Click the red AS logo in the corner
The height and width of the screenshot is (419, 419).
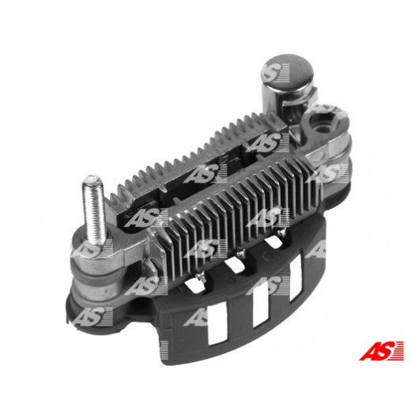click(381, 350)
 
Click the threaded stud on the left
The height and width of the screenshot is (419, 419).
click(93, 209)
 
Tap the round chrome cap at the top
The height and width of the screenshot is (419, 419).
click(287, 72)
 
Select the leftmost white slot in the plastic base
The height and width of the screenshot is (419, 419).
click(217, 327)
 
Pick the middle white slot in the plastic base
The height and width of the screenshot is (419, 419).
click(260, 304)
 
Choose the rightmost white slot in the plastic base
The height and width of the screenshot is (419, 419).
click(296, 277)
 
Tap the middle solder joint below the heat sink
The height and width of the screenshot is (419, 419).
click(240, 251)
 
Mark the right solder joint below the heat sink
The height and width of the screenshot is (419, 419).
click(281, 233)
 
